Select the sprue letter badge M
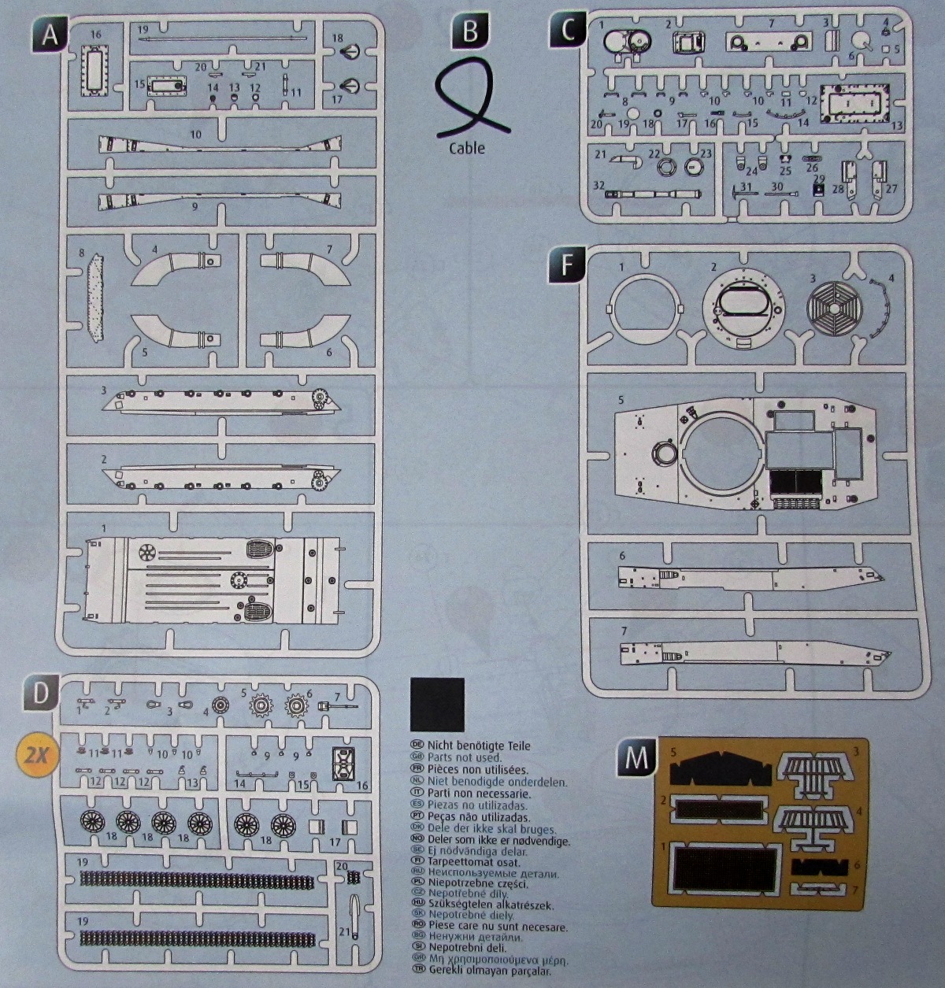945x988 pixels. pos(636,757)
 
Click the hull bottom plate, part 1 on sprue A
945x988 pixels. pos(213,577)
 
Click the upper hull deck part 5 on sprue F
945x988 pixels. pos(740,457)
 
